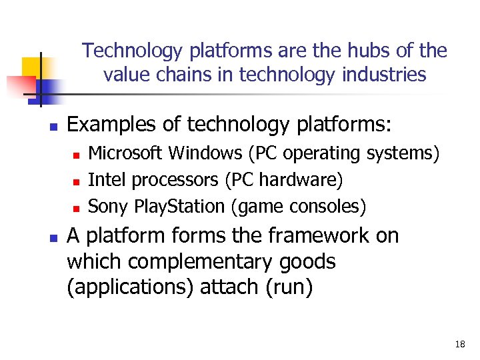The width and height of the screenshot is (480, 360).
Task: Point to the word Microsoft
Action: pos(126,153)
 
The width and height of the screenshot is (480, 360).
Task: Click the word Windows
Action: pos(205,153)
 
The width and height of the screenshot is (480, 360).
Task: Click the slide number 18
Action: pos(459,344)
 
